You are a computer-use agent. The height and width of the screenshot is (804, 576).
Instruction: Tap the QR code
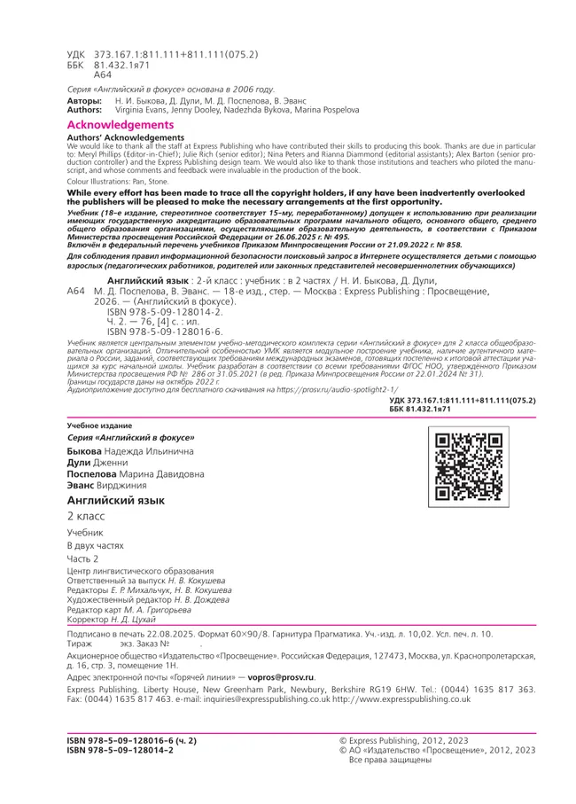466,465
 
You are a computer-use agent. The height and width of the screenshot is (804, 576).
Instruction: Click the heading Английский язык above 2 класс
116,501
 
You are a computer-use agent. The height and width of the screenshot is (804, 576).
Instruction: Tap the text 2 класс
86,516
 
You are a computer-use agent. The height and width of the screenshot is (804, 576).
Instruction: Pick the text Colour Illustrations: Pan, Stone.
118,181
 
